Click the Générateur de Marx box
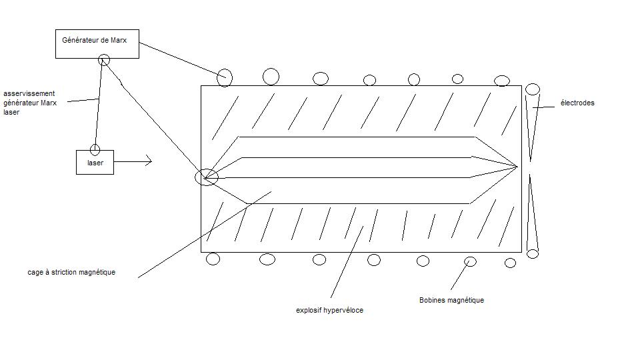click(x=97, y=43)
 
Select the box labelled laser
click(x=95, y=163)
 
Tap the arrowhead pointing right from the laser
click(x=149, y=161)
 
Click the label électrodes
click(x=577, y=103)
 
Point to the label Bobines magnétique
click(x=451, y=300)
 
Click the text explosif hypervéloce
click(x=329, y=310)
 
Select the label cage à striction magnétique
click(x=71, y=272)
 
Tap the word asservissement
click(x=29, y=94)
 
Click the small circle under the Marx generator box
click(x=103, y=60)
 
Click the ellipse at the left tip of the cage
click(x=206, y=177)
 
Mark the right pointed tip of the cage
click(x=516, y=165)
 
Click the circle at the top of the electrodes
click(x=533, y=89)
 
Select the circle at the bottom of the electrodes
click(x=532, y=253)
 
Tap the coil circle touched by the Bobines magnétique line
click(x=470, y=261)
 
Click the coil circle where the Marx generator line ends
click(x=225, y=77)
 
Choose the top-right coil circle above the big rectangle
click(x=502, y=81)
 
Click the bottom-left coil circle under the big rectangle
click(x=213, y=259)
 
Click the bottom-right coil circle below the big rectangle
click(x=510, y=263)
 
